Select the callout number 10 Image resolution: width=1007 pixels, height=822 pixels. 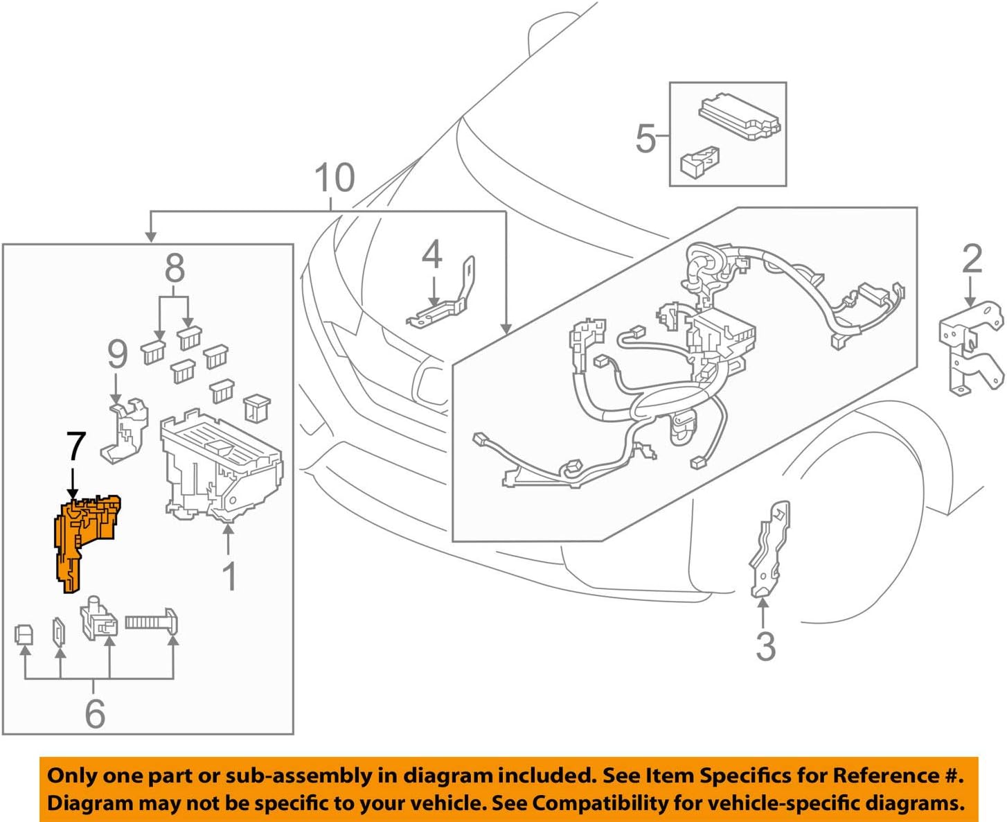pyautogui.click(x=335, y=178)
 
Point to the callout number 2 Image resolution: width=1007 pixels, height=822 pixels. pyautogui.click(x=972, y=259)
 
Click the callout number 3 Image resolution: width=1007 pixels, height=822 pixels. pyautogui.click(x=765, y=646)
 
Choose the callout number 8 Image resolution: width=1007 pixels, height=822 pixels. pyautogui.click(x=175, y=268)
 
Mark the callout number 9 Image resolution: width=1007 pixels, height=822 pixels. pyautogui.click(x=118, y=353)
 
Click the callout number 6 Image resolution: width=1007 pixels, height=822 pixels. pyautogui.click(x=95, y=713)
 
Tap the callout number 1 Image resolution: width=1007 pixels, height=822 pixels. pyautogui.click(x=229, y=576)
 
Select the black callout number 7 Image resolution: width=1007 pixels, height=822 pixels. pyautogui.click(x=75, y=447)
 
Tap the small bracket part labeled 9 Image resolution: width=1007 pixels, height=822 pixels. pyautogui.click(x=125, y=430)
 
